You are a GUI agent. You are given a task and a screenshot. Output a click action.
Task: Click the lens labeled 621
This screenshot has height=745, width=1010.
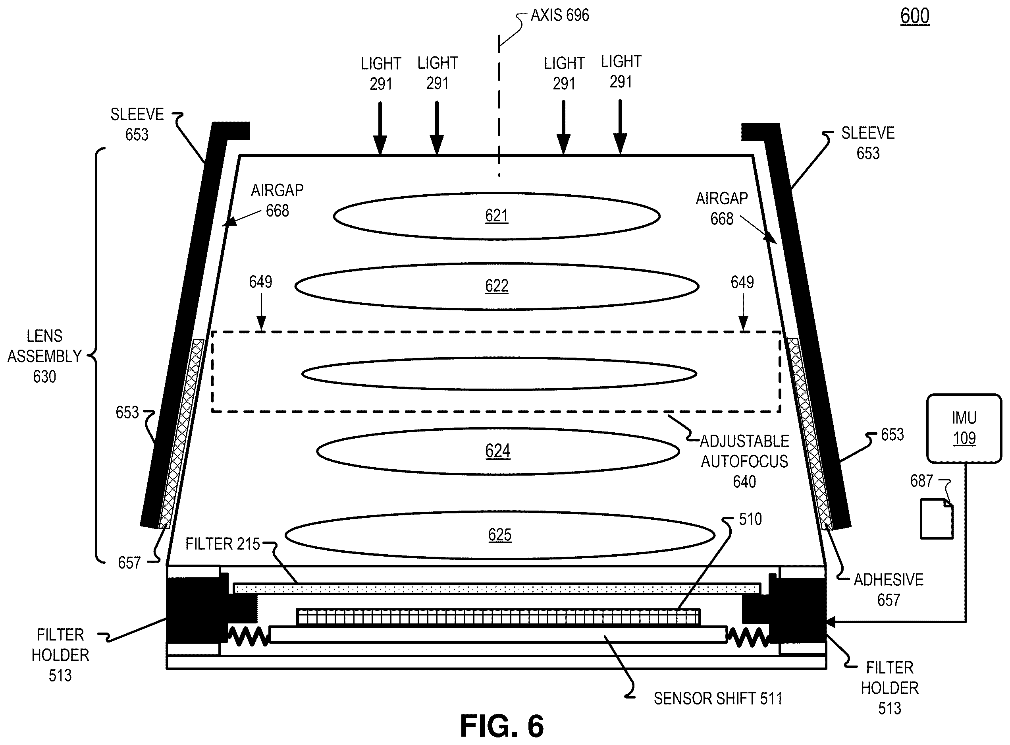pos(496,216)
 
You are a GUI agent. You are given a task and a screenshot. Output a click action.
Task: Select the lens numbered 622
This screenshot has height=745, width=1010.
pos(496,286)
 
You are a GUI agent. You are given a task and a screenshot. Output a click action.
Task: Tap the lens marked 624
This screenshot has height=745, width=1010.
pos(498,451)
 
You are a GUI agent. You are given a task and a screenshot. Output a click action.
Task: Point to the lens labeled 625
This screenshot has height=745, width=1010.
pos(499,535)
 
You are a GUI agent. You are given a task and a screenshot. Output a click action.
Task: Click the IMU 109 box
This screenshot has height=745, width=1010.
pos(964,428)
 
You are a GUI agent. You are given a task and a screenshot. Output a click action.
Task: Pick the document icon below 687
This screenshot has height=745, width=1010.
pos(937,519)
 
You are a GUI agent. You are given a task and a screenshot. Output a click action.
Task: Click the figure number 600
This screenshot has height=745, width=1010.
pos(914,16)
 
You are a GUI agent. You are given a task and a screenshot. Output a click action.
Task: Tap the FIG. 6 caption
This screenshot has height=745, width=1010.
pos(502,726)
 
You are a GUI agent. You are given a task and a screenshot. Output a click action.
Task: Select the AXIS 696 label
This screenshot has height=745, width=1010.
pos(559,15)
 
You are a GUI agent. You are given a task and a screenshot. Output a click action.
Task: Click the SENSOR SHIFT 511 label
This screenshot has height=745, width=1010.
pos(718,699)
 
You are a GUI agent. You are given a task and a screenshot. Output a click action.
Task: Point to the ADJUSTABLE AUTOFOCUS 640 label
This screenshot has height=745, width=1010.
pos(744,461)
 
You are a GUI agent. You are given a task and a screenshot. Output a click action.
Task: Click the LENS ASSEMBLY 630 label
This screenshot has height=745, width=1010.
pos(44,356)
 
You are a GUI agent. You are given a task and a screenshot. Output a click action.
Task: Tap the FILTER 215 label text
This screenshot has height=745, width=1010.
pos(223,544)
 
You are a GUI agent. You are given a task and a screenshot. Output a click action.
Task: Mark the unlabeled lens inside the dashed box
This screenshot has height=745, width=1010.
pos(499,374)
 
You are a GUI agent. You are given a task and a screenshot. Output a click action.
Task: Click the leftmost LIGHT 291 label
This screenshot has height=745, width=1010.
pos(381,74)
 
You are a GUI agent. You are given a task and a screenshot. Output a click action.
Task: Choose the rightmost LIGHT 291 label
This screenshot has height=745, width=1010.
pos(621,71)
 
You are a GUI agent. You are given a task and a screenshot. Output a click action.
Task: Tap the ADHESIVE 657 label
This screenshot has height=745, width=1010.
pos(889,589)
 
